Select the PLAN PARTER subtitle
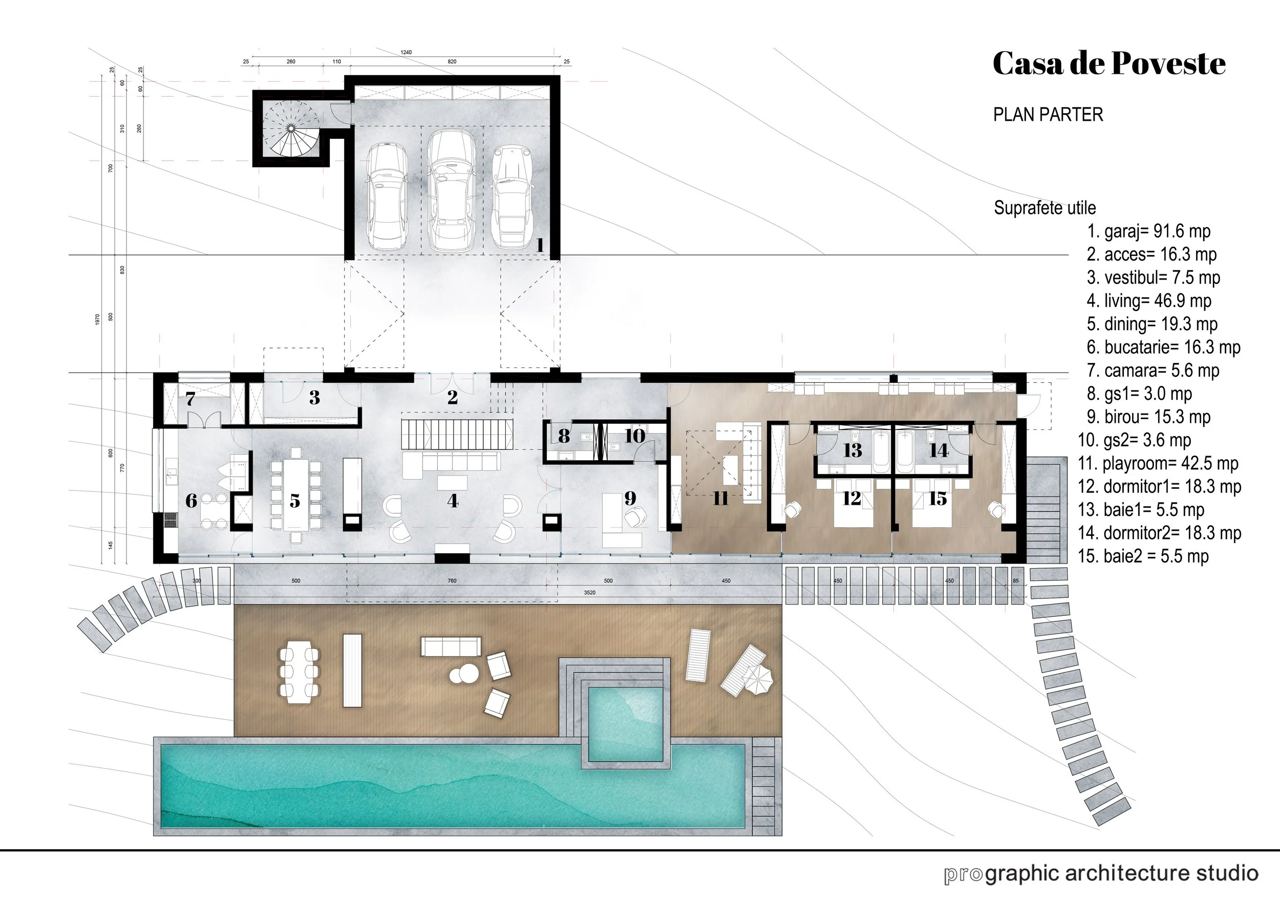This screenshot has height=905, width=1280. [x=1048, y=115]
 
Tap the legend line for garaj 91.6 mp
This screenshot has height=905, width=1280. [x=1148, y=231]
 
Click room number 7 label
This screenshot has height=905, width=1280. [x=190, y=399]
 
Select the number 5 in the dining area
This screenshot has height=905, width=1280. [x=295, y=501]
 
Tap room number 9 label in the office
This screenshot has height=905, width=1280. [x=630, y=498]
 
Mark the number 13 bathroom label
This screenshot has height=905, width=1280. [x=852, y=450]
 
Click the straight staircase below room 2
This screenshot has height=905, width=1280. [x=457, y=435]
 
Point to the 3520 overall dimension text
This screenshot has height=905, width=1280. [x=589, y=592]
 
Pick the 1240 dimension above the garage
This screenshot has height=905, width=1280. [x=406, y=52]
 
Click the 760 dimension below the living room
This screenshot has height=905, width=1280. [x=452, y=580]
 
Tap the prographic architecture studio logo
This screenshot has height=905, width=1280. [x=1101, y=874]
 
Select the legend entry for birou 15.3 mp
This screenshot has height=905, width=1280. [x=1148, y=417]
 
